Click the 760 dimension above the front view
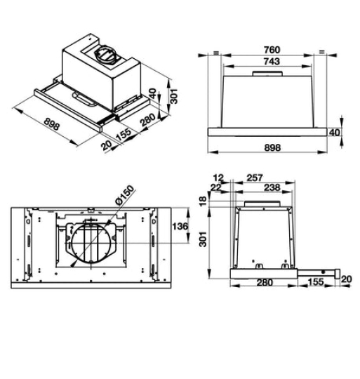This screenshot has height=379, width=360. click(271, 50)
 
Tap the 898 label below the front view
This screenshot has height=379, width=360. click(272, 148)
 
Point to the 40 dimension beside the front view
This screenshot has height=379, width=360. click(335, 132)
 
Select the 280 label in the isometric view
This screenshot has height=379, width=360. click(146, 124)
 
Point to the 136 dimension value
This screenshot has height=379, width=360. click(180, 226)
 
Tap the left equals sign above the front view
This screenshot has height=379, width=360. click(215, 53)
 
